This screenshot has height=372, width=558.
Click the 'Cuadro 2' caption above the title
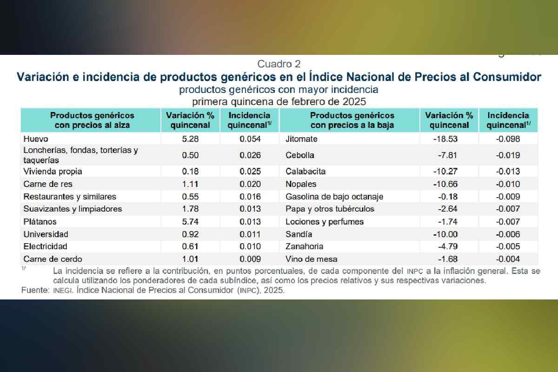279,64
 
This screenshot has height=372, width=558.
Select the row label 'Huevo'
35,139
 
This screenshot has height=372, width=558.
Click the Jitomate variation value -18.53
448,139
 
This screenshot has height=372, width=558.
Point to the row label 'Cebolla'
300,155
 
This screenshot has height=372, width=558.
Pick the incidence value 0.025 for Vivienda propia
250,172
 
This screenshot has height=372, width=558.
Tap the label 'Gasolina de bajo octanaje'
334,197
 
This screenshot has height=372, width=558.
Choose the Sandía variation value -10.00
448,234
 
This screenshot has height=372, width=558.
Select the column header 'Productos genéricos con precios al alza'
92,120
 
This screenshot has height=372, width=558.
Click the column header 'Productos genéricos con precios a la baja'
352,120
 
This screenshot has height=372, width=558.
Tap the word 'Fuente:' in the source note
34,290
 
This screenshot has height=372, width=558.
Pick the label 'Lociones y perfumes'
325,222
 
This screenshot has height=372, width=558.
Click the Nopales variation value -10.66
448,184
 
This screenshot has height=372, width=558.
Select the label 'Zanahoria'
305,246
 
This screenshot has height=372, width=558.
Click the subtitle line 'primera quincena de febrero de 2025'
279,101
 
